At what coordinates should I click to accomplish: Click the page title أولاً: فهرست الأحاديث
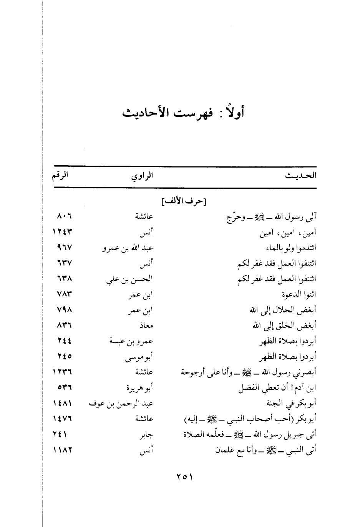tap(183, 113)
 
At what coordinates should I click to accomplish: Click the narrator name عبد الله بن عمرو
tap(128, 248)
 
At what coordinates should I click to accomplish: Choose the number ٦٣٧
tap(64, 263)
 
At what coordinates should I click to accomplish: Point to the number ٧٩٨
tap(64, 310)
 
